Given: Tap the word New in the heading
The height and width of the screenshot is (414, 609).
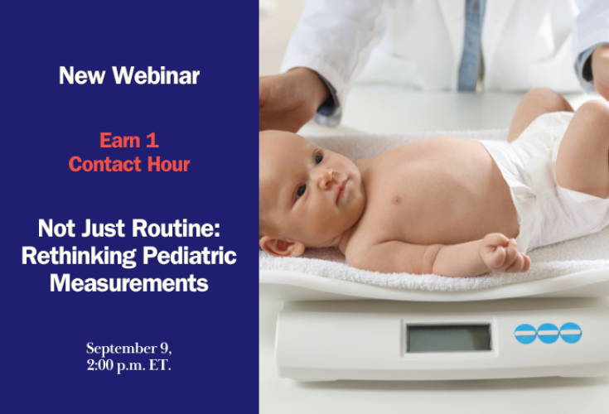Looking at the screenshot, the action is pyautogui.click(x=82, y=75).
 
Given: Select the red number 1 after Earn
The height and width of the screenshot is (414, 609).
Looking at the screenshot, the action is pyautogui.click(x=152, y=140).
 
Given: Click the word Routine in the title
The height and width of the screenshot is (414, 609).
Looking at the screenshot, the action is pyautogui.click(x=176, y=229).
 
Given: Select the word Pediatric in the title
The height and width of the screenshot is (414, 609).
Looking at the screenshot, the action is pyautogui.click(x=190, y=256).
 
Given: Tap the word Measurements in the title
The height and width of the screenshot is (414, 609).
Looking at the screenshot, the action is pyautogui.click(x=129, y=283).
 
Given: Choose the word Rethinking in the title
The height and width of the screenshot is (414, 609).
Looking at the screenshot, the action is pyautogui.click(x=79, y=256).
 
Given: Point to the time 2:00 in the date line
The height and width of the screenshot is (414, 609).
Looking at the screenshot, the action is pyautogui.click(x=99, y=365).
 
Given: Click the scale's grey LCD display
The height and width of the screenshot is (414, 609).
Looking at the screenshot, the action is pyautogui.click(x=448, y=338).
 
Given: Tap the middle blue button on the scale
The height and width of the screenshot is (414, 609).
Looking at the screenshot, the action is pyautogui.click(x=548, y=333).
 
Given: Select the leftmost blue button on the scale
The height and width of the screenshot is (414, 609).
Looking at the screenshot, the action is pyautogui.click(x=525, y=334).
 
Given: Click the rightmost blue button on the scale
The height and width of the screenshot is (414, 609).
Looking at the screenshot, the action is pyautogui.click(x=571, y=333).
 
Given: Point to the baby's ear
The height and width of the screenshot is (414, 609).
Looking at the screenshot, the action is pyautogui.click(x=280, y=246).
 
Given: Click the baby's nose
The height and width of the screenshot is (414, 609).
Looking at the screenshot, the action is pyautogui.click(x=326, y=179).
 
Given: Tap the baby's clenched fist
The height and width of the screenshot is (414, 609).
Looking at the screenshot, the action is pyautogui.click(x=504, y=253).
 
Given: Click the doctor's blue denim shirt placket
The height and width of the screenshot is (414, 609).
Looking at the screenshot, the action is pyautogui.click(x=471, y=45).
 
